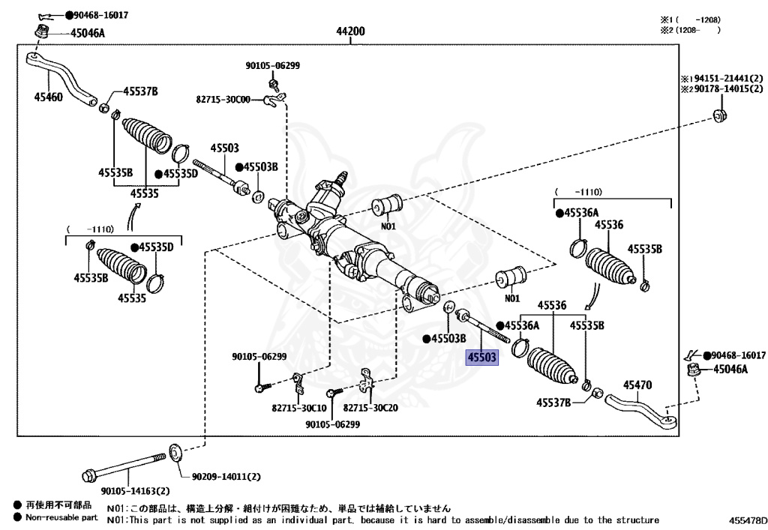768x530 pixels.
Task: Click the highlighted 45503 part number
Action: (x=481, y=358)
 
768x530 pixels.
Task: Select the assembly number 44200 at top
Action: (x=350, y=31)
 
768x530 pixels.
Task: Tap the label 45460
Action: (x=49, y=97)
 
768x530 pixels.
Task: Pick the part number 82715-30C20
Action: (x=370, y=408)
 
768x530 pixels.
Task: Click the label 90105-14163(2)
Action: (x=125, y=492)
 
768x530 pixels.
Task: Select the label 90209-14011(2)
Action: (x=225, y=477)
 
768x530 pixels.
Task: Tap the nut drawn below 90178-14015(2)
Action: (x=717, y=116)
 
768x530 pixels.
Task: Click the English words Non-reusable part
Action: (x=61, y=517)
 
